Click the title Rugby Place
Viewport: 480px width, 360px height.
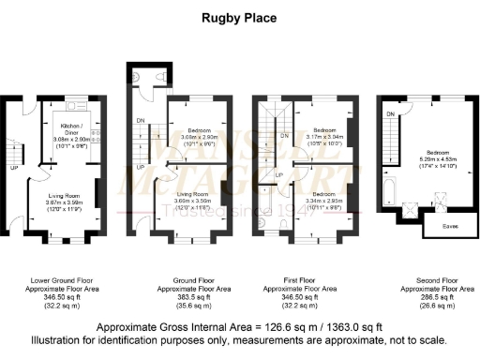tap(238, 16)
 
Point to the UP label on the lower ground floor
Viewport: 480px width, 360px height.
tap(13, 170)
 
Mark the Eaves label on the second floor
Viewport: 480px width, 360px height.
tap(445, 227)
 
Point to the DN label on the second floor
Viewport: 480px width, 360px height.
tap(388, 113)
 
